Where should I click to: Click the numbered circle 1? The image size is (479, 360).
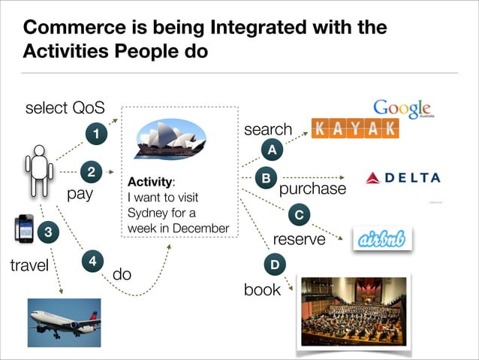click(95, 135)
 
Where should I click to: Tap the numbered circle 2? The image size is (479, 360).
click(91, 172)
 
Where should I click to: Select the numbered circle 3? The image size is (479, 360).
click(48, 232)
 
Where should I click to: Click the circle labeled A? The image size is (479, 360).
click(273, 151)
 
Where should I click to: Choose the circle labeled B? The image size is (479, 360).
click(265, 178)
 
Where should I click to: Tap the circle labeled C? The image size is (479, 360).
click(299, 216)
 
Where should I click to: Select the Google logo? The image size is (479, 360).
click(402, 109)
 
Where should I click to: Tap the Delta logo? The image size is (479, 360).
click(402, 178)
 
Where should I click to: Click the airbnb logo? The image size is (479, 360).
click(382, 238)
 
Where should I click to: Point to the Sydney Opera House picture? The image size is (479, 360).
click(169, 140)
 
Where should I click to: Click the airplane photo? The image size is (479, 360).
click(64, 322)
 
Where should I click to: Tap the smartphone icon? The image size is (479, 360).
click(24, 229)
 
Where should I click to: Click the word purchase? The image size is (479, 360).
click(312, 189)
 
